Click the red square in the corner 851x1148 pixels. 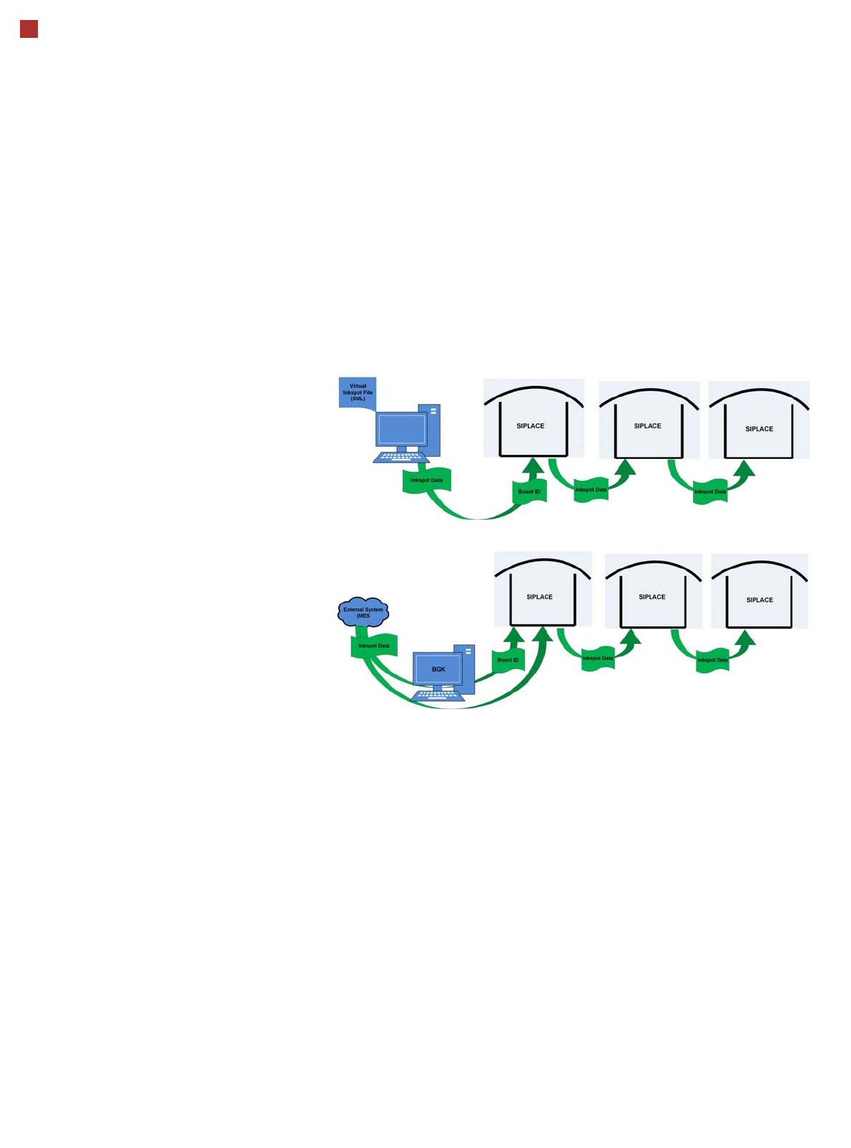(x=29, y=29)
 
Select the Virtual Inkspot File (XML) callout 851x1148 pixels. (x=358, y=392)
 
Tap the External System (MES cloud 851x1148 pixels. (x=363, y=613)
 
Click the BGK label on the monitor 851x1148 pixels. (x=438, y=669)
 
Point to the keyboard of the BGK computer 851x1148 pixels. (x=438, y=694)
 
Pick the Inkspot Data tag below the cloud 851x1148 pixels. (x=374, y=645)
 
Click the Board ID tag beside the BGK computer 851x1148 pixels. (x=508, y=660)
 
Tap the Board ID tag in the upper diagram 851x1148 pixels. (x=529, y=492)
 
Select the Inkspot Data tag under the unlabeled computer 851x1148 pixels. (x=426, y=480)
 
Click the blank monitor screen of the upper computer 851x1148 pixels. (x=402, y=429)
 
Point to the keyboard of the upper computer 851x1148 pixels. (x=401, y=457)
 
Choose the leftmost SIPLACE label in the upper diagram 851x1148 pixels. (x=531, y=426)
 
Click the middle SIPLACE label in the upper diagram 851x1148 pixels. (x=647, y=426)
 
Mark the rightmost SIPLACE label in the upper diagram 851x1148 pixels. (x=759, y=429)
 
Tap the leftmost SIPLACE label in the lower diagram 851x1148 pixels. (x=539, y=597)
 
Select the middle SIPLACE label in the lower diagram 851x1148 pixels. (x=651, y=597)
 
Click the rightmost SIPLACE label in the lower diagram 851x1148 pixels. (x=759, y=600)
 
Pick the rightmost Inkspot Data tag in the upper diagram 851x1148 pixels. (x=710, y=492)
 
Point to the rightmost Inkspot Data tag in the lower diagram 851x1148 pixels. (x=712, y=660)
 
